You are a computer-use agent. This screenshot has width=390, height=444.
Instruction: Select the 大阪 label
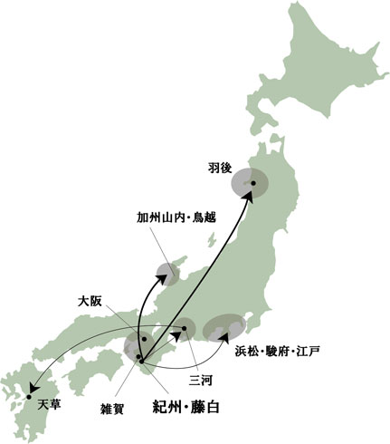coord(90,300)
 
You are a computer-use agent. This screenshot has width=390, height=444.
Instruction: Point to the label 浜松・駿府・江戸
coord(278,350)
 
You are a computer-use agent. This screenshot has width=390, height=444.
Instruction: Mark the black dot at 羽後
coord(253,184)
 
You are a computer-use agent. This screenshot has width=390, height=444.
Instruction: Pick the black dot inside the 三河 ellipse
coord(184,328)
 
